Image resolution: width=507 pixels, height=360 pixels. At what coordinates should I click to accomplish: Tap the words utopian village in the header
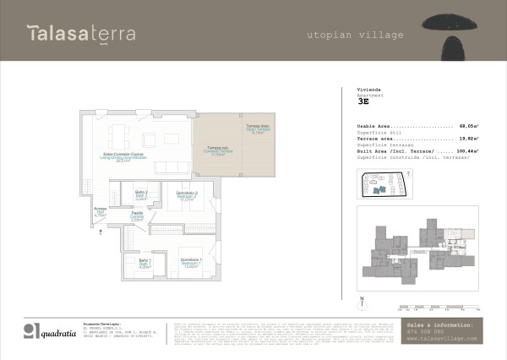(x=354, y=35)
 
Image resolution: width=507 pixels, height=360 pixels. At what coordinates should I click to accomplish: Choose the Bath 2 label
(x=142, y=196)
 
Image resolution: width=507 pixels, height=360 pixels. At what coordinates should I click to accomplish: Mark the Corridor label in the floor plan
(x=137, y=217)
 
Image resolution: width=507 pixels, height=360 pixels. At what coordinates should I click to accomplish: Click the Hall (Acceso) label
(x=100, y=213)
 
